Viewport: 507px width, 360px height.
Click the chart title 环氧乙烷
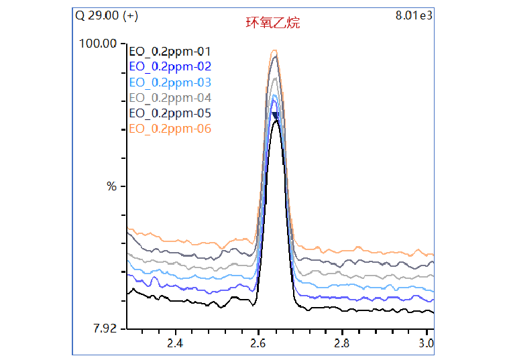pos(272,23)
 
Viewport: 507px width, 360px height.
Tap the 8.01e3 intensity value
pos(415,15)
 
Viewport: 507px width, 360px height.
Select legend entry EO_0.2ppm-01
pos(170,51)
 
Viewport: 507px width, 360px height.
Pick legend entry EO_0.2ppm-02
pos(170,66)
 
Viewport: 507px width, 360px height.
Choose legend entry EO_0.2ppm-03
pos(170,82)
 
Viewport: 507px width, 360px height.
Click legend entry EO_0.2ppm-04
pos(170,98)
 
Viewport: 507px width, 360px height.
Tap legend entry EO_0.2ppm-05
pos(170,113)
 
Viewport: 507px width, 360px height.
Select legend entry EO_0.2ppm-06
pos(170,129)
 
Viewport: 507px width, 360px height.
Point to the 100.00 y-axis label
pos(99,44)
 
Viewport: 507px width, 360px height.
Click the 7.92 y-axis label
pos(104,328)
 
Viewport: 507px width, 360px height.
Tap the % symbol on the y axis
pos(111,186)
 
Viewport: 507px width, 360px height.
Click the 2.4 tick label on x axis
pos(175,344)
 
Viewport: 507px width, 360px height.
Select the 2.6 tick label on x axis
pos(258,344)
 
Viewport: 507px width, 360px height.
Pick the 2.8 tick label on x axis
pos(342,344)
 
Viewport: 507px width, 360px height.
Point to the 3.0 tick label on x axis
pos(425,344)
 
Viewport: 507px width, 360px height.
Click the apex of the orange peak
pos(274,50)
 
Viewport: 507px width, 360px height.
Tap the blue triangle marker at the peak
pos(274,115)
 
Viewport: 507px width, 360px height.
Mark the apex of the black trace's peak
pos(275,121)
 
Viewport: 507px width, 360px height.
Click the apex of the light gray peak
pos(274,79)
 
